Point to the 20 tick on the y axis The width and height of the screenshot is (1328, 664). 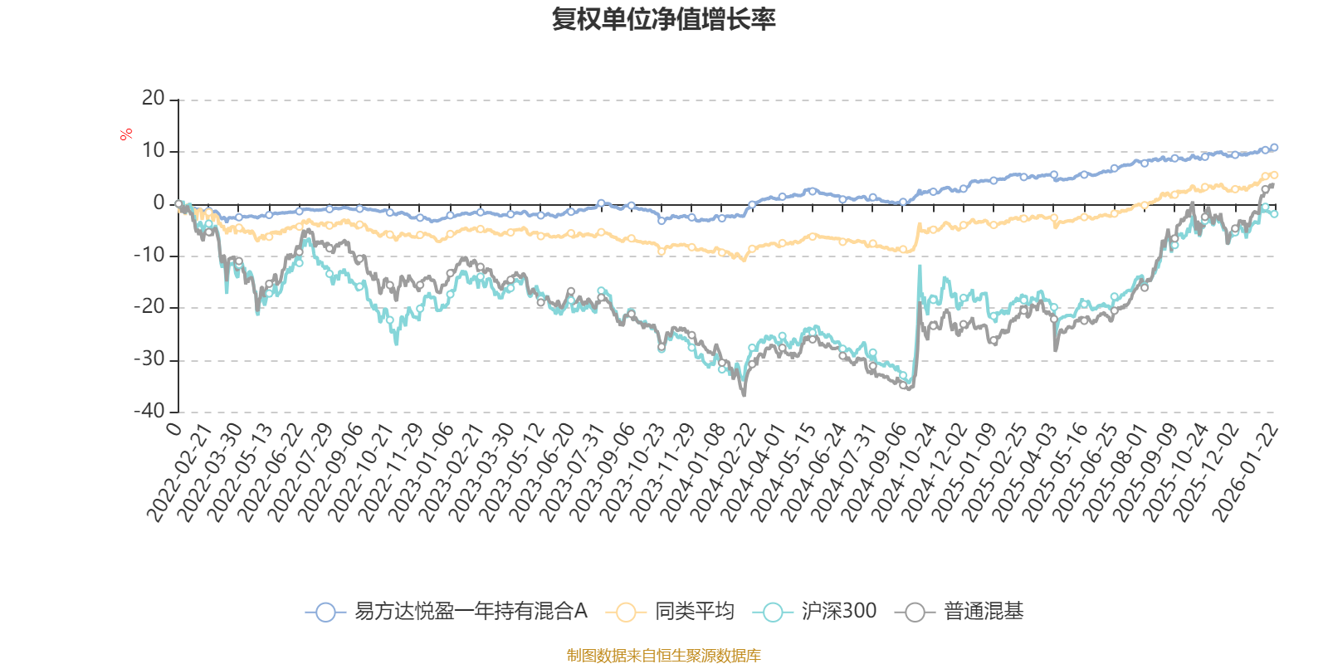[x=154, y=99]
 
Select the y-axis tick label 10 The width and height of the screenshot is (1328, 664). [x=154, y=151]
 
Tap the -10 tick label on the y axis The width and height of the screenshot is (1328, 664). [x=150, y=256]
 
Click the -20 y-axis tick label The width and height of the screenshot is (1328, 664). [x=150, y=307]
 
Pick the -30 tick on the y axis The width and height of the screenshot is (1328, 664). [x=150, y=359]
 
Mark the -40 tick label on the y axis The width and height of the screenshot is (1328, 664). [x=150, y=411]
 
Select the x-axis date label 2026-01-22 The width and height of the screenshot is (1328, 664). [x=1245, y=473]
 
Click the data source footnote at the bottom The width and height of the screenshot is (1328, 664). [x=663, y=656]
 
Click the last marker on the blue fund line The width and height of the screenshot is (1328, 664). [x=1274, y=147]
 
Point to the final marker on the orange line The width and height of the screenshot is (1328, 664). [x=1274, y=174]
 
